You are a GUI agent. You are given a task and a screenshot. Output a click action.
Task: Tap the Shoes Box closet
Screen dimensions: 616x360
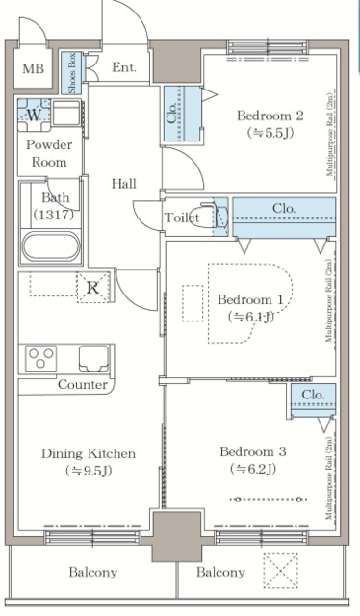point(72,72)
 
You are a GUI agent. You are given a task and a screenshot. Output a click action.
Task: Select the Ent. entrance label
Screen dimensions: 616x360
point(124,68)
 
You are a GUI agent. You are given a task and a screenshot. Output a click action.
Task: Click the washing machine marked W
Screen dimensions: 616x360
point(35,115)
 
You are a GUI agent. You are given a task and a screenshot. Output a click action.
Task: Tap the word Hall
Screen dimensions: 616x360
point(123,184)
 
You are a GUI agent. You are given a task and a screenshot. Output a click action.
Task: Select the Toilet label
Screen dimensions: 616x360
point(182,218)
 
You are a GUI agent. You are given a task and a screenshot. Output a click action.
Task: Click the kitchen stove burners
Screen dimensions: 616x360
point(40,359)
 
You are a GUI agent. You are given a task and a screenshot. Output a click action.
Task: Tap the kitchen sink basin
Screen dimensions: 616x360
point(94,359)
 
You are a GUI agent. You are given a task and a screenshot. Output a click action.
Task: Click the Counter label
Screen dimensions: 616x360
point(82,385)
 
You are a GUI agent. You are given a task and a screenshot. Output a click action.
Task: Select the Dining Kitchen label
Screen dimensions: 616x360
point(88,453)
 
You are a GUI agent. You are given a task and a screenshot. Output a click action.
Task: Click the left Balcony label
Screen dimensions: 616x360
point(92,573)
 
